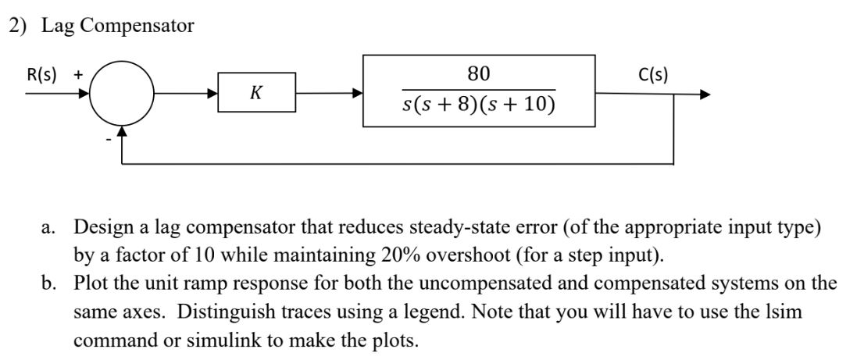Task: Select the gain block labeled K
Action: click(x=256, y=93)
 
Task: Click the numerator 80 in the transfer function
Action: click(x=478, y=74)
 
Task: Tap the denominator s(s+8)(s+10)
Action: click(x=479, y=104)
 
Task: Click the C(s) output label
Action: click(x=652, y=75)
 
